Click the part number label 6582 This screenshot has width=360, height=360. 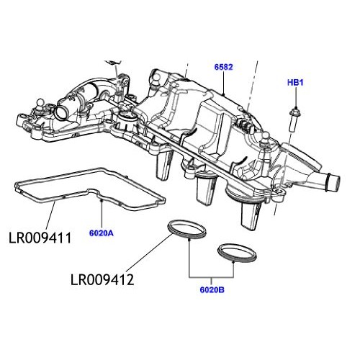coord(224,67)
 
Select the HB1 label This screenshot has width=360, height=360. coord(295,83)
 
